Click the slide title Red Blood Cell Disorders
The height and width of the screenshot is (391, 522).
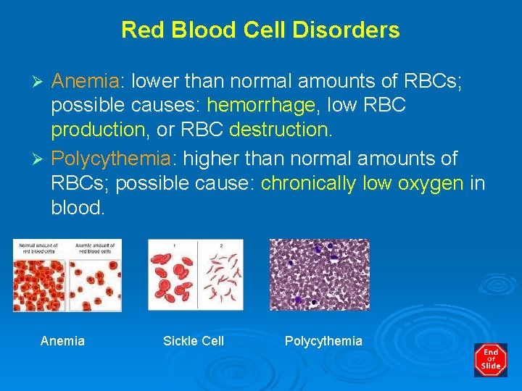(260, 30)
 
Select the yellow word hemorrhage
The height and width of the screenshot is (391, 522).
(262, 106)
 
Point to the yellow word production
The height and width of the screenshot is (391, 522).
(98, 130)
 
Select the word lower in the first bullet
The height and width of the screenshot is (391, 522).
(157, 81)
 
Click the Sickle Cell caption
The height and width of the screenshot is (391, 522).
(194, 341)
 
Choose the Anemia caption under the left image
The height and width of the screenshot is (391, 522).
(62, 341)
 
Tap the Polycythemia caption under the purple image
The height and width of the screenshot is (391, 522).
(323, 341)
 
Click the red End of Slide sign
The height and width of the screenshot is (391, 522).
(490, 359)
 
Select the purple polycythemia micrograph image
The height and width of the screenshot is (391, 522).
(319, 274)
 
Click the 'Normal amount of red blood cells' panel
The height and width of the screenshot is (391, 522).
(41, 279)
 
